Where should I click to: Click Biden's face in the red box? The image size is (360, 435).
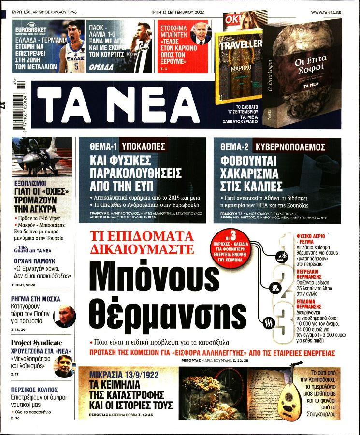[x=200, y=33]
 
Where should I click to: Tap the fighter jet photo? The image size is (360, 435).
[x=42, y=156]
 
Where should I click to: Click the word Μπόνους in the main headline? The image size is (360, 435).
[x=148, y=277]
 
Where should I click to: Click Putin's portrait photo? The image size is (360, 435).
[x=65, y=316]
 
